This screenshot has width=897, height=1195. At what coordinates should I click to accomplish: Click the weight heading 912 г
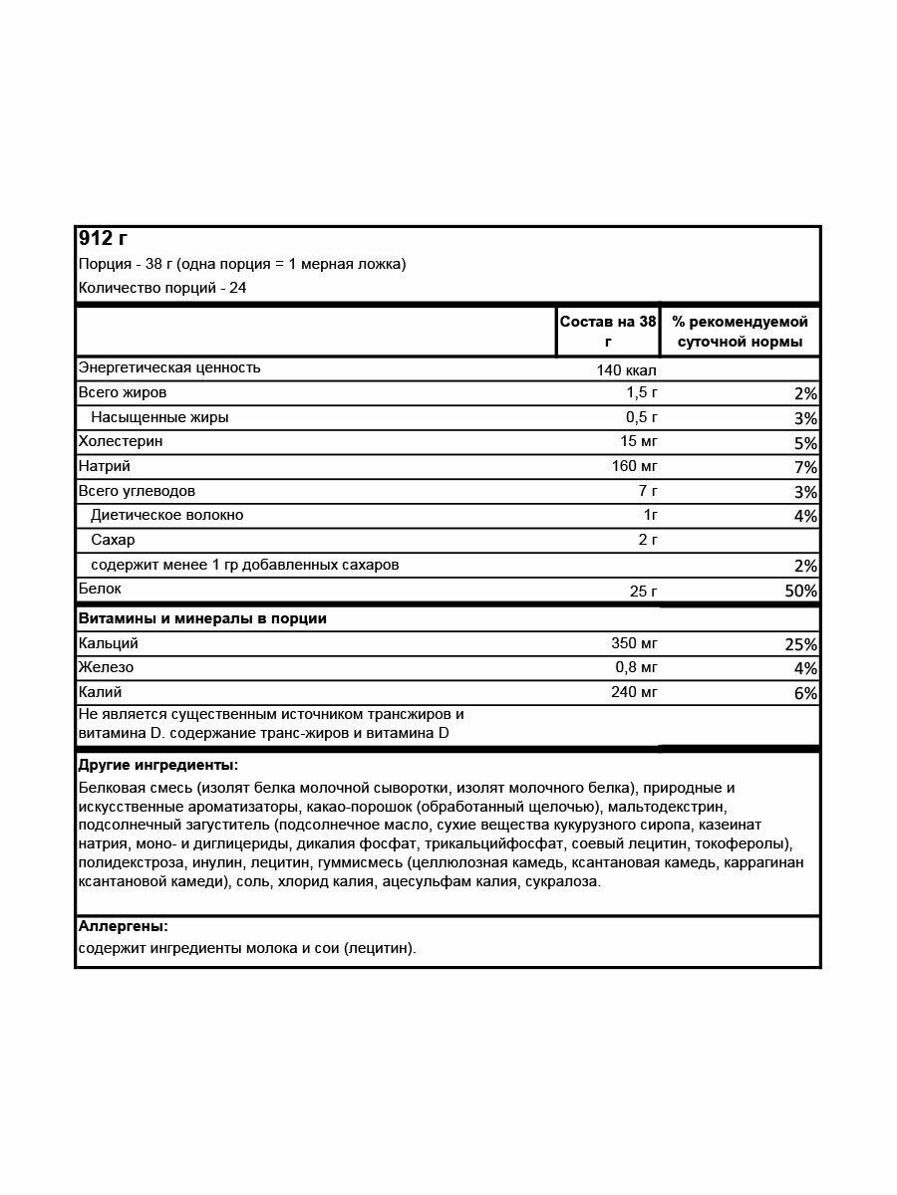click(103, 239)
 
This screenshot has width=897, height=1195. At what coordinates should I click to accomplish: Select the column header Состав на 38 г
click(608, 332)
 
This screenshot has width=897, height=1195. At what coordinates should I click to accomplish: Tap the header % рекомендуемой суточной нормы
click(740, 332)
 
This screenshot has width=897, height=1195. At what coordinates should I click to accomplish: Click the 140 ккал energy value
click(626, 370)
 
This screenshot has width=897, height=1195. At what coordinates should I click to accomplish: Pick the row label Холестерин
click(121, 441)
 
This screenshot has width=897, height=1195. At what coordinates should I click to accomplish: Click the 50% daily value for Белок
click(799, 592)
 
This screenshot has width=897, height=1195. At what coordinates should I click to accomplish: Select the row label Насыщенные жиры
click(159, 417)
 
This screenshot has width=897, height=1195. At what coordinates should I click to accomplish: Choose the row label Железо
click(106, 667)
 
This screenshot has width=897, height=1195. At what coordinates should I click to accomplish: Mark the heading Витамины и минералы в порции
click(202, 618)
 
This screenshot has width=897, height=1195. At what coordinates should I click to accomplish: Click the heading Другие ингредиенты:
click(157, 766)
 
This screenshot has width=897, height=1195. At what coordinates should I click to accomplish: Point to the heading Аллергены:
click(123, 926)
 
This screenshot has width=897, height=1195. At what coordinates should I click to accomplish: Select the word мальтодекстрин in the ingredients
click(679, 806)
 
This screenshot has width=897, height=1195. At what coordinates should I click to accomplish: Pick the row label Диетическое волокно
click(166, 515)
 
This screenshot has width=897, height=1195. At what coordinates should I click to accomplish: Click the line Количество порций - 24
click(162, 288)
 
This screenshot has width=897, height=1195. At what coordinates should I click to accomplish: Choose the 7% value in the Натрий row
click(805, 467)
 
